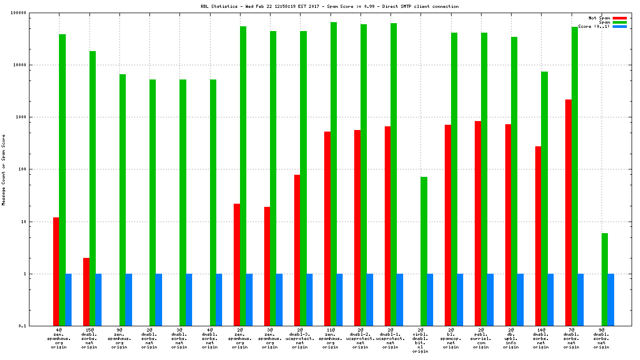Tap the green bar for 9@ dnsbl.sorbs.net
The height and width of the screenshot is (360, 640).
click(x=605, y=279)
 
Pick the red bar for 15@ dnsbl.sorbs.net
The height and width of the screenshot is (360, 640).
click(x=86, y=292)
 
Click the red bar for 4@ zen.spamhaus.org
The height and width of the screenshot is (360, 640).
click(x=56, y=272)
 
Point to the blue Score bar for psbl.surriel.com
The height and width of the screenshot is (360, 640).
click(x=491, y=299)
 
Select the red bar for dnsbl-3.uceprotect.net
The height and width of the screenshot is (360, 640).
click(x=297, y=250)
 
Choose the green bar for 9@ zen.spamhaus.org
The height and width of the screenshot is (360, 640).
click(x=122, y=200)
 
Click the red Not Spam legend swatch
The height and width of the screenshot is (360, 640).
click(x=619, y=18)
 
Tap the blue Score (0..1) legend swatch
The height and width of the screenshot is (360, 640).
click(x=619, y=26)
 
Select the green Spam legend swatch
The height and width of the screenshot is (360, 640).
click(x=619, y=22)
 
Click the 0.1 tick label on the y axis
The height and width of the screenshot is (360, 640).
click(x=37, y=326)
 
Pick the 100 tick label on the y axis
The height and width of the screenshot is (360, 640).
click(x=36, y=169)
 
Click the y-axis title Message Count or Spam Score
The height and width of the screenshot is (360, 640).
click(x=3, y=169)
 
